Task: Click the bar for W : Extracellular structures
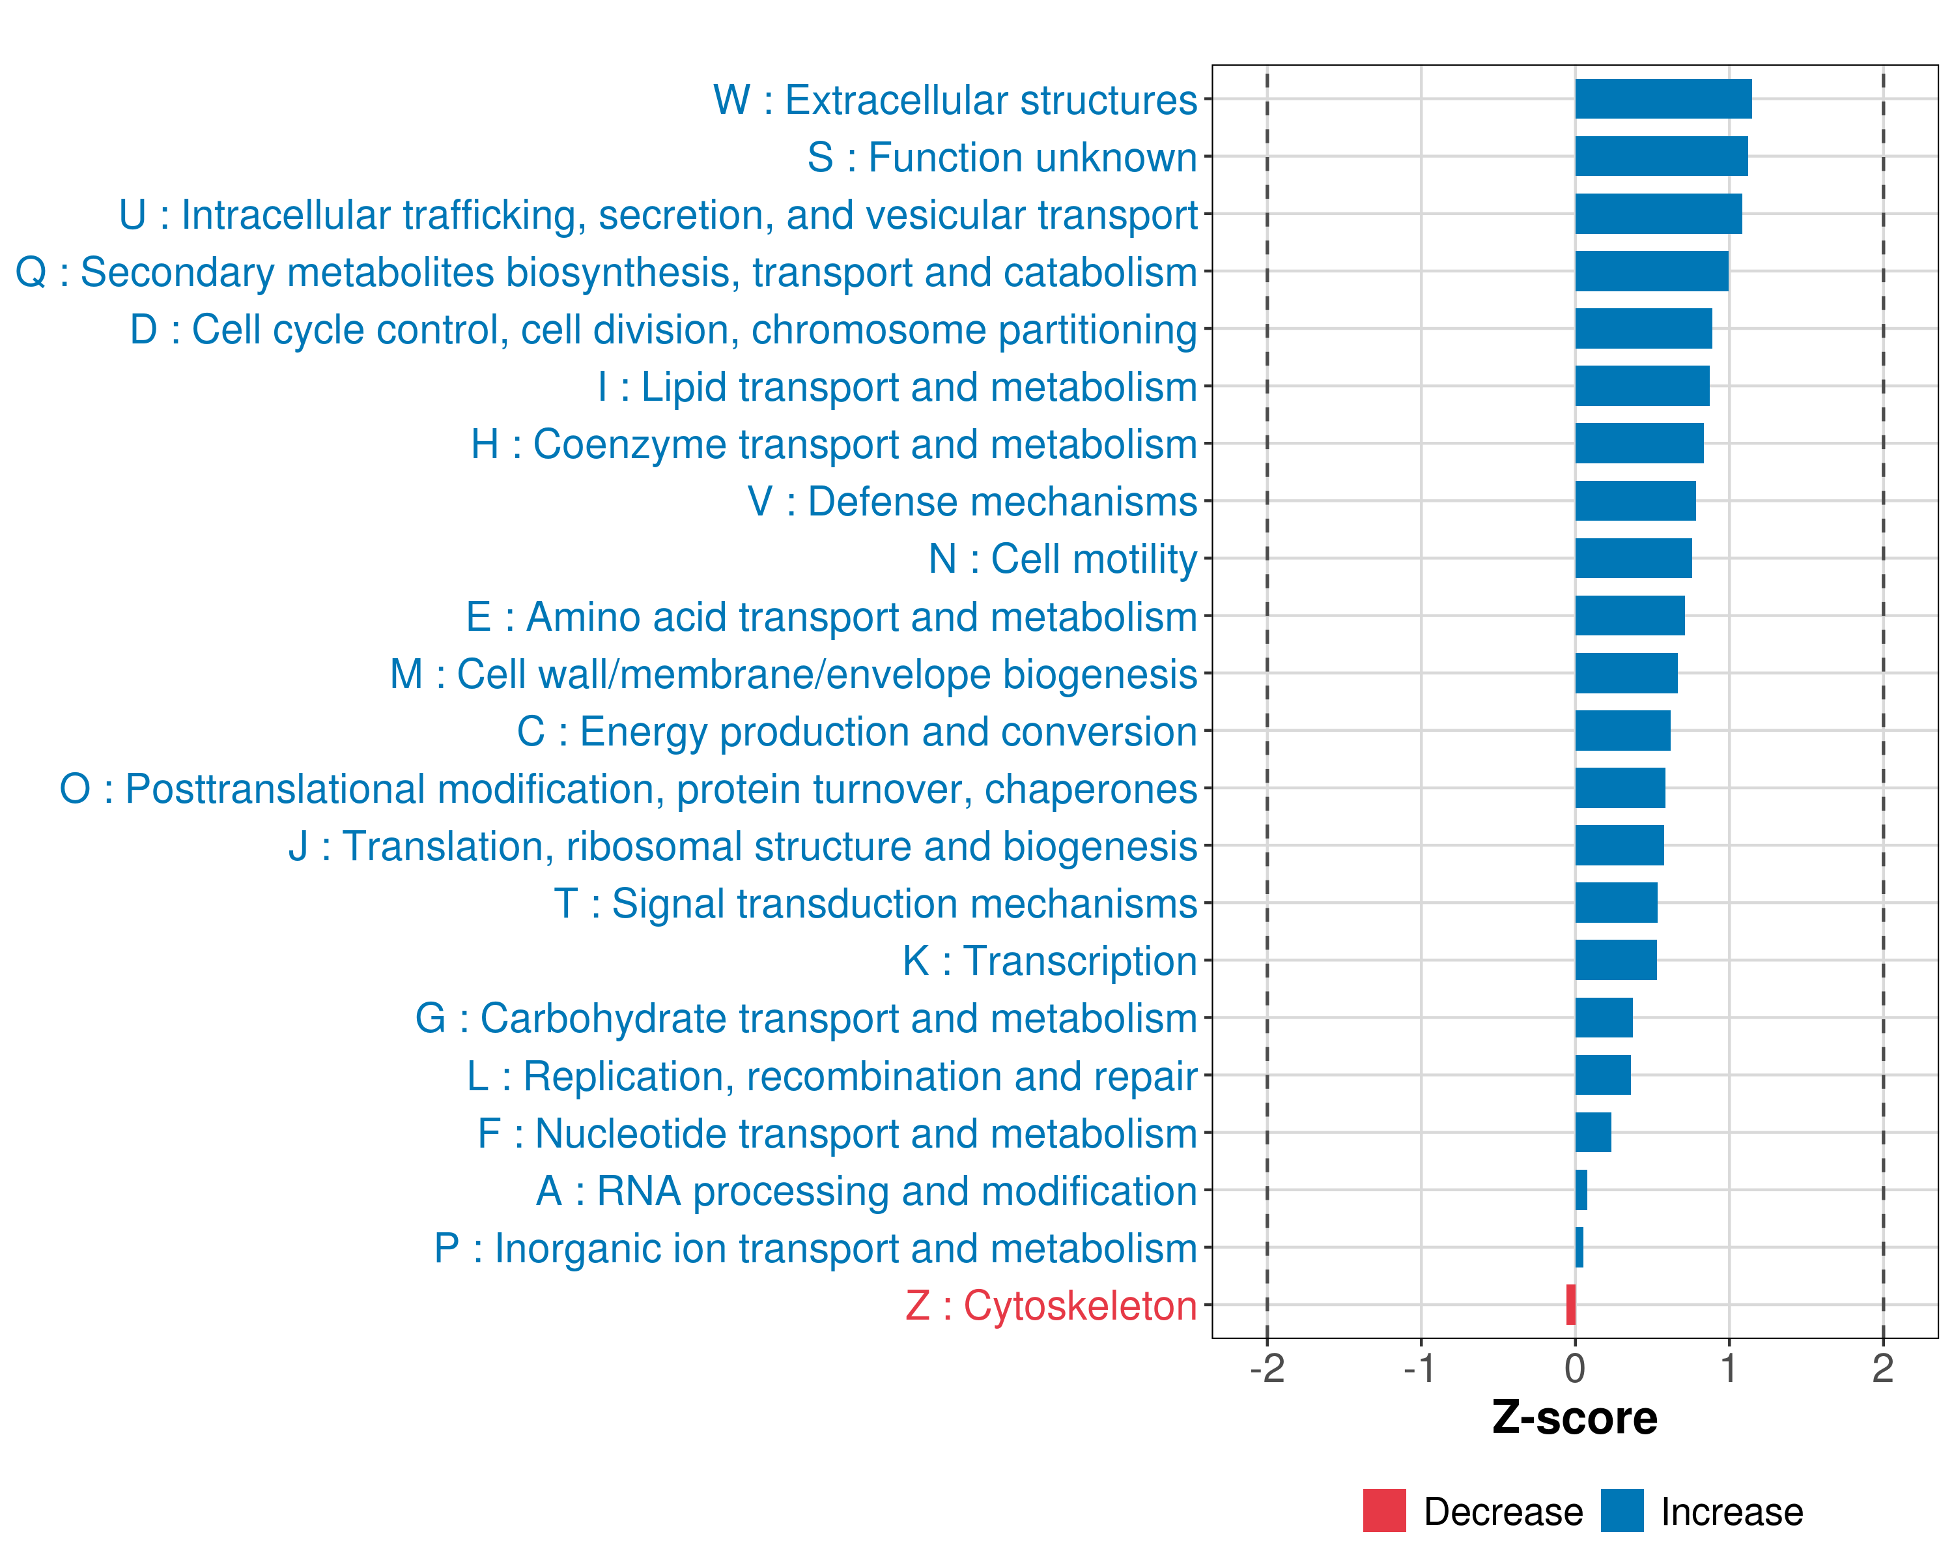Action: (x=1663, y=99)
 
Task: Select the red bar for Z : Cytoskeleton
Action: (x=1570, y=1305)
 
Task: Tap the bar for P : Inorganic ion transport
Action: (x=1579, y=1247)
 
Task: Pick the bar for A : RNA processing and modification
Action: (x=1581, y=1189)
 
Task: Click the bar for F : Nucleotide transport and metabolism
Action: (x=1593, y=1133)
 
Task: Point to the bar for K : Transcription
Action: (x=1616, y=960)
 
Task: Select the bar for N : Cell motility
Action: (x=1633, y=558)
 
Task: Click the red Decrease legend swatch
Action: (x=1384, y=1511)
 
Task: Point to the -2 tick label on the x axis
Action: (x=1267, y=1369)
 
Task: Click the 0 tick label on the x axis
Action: (x=1575, y=1369)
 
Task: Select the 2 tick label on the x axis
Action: (x=1882, y=1369)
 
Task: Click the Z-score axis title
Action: (x=1574, y=1418)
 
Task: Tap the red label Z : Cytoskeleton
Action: (x=1051, y=1305)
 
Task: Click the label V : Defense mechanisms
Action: (x=972, y=501)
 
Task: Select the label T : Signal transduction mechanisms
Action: (x=875, y=904)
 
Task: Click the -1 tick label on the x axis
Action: (x=1420, y=1369)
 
